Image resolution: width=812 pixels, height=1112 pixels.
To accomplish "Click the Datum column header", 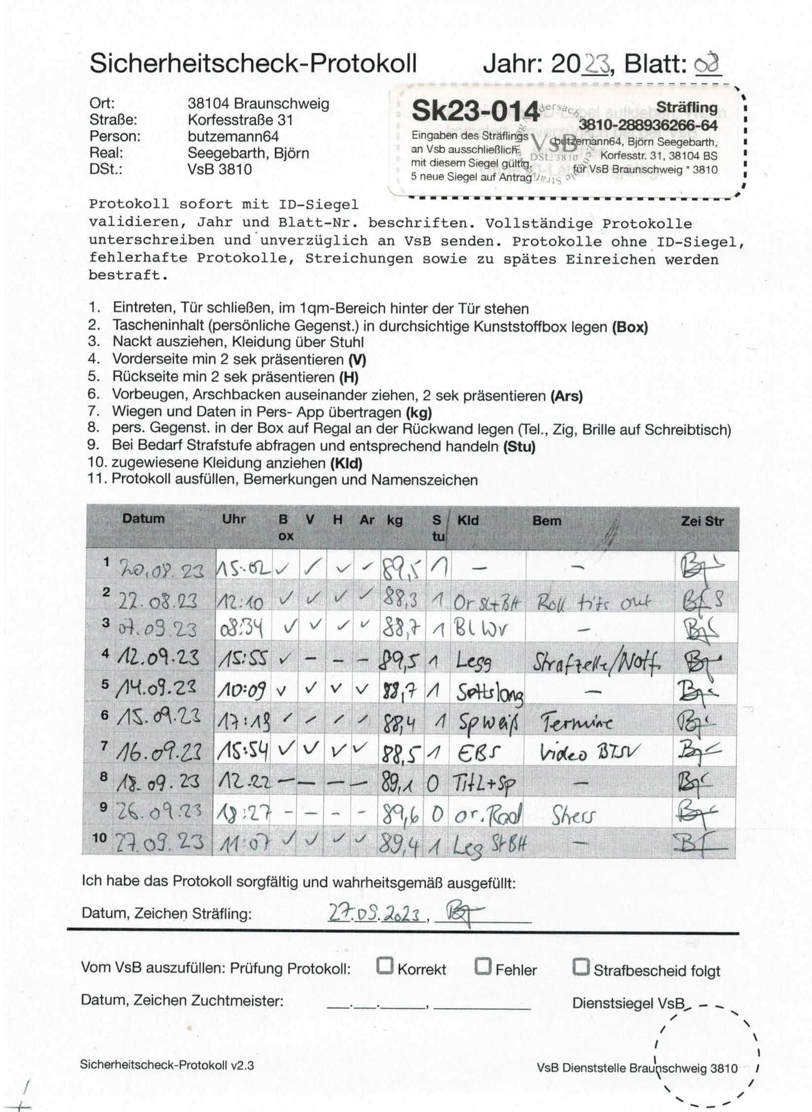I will pos(143,518).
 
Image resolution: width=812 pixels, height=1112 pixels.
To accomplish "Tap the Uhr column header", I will pos(234,519).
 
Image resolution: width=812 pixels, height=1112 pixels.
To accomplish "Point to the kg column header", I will pos(395,520).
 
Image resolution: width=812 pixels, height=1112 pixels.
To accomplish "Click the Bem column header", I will pos(546,520).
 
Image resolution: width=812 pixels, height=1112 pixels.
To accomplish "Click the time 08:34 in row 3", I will pos(240,629).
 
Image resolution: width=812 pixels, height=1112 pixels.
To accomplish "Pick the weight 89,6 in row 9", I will pos(400,815).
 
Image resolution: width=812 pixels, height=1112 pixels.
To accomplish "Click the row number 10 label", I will pos(99,838).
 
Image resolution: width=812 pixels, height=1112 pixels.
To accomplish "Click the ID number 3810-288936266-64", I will pos(648,126).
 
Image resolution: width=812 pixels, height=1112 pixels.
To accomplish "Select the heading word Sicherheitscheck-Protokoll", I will pos(253,63).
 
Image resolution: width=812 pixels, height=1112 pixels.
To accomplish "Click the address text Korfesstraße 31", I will pos(240,120).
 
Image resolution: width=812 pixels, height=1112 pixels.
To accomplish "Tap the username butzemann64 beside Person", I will pos(233,136).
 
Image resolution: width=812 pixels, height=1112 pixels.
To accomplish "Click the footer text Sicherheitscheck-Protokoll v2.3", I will pos(167,1064).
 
